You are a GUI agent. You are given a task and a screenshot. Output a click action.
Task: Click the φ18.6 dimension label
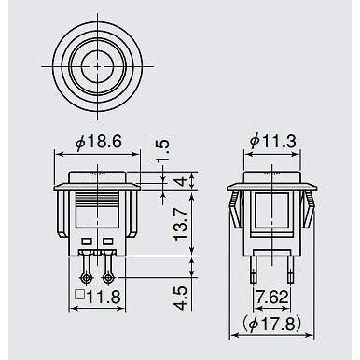[x=98, y=143]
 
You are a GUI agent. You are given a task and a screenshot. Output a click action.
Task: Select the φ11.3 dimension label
[x=272, y=142]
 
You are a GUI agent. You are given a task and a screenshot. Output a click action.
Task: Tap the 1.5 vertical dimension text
[x=163, y=151]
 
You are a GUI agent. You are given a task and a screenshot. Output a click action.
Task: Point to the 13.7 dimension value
[x=181, y=224]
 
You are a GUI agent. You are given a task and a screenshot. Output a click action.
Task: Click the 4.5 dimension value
[x=181, y=298]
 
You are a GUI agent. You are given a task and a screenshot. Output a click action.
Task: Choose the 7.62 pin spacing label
[x=272, y=298]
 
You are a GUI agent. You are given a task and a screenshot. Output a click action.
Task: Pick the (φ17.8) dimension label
[x=272, y=325]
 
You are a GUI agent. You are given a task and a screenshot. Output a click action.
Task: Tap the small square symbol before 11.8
[x=80, y=295]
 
